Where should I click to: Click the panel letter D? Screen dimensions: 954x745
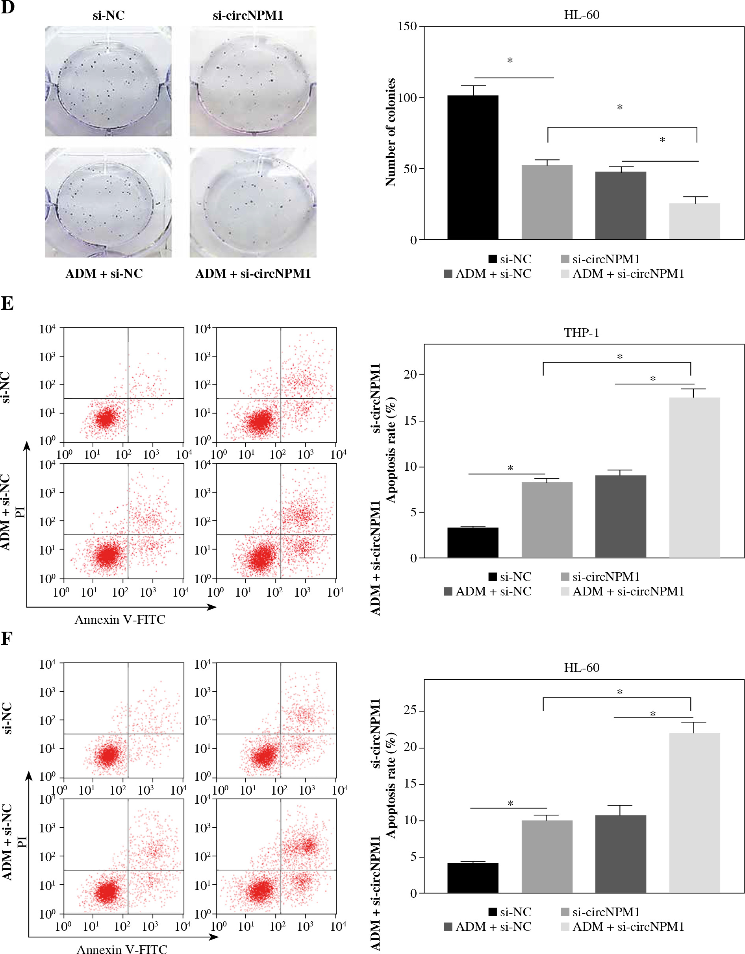(7, 7)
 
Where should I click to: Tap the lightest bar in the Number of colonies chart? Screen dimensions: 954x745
(694, 222)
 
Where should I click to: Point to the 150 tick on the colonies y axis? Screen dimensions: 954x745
(407, 27)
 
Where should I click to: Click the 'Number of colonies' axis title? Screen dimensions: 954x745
(390, 132)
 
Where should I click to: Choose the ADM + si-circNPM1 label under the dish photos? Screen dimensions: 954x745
(253, 274)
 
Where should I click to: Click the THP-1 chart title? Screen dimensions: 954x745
(581, 333)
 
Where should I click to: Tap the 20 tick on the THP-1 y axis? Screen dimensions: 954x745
(410, 374)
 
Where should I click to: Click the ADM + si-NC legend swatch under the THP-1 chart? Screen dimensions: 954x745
(448, 592)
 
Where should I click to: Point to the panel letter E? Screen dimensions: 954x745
(7, 303)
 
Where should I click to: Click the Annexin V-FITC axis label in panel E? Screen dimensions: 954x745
(120, 620)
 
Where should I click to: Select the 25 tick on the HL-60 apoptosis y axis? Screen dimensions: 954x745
(410, 711)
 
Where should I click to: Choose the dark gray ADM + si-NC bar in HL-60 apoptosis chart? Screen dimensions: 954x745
(620, 854)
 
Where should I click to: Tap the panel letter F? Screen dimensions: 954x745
(7, 639)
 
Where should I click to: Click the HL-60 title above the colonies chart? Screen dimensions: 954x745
(581, 15)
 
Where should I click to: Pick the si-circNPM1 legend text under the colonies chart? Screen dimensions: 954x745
(606, 259)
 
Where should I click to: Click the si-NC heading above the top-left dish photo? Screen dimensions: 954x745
(108, 16)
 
